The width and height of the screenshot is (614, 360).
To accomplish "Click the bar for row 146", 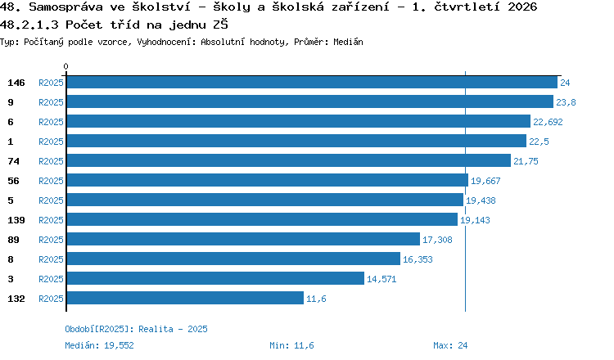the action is (312, 82).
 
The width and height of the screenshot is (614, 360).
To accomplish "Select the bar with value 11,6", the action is (185, 298).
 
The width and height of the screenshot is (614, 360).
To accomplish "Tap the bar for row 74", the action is (289, 160).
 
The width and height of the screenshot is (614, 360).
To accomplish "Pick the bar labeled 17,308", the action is (243, 239).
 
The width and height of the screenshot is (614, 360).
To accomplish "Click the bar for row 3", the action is (215, 278).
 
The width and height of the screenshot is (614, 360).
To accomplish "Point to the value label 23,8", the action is (566, 102).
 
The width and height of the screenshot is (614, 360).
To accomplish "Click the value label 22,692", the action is (548, 122).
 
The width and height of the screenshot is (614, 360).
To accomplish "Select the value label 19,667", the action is (485, 181).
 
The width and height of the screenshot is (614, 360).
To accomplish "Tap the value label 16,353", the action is (418, 259).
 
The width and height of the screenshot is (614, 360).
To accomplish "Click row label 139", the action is (16, 220).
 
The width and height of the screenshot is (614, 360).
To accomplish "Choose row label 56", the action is (13, 181).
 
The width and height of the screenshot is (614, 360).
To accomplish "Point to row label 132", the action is (16, 299).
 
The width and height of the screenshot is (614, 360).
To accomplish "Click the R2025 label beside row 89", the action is (51, 240).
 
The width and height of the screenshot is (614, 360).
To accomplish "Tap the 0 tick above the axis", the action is (65, 66).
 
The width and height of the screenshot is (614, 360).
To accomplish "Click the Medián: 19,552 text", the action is (99, 345).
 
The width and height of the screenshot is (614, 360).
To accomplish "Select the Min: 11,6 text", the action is (291, 345).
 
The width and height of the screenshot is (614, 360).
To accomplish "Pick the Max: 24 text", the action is (450, 345).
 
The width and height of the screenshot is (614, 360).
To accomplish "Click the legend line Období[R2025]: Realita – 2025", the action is (136, 329).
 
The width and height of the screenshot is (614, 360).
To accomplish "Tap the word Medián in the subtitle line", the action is (348, 42).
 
